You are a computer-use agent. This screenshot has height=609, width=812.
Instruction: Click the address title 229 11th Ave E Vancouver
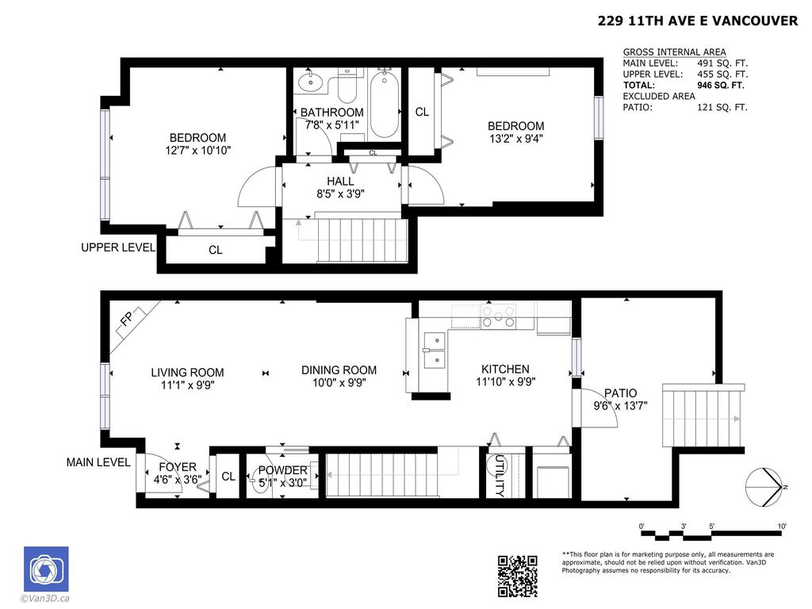pos(697,21)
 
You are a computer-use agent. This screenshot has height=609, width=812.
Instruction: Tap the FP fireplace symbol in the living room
pos(126,320)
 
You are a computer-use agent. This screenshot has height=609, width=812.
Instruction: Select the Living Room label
pos(187,372)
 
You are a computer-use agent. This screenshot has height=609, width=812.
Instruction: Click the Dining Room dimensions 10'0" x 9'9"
pos(339,383)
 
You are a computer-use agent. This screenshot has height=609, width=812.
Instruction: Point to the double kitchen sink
pos(433,350)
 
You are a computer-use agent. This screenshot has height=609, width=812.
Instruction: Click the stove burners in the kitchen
pos(497,316)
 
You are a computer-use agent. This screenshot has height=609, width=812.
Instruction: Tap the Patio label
pos(620,393)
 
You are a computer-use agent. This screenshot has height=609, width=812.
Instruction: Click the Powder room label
pos(282,470)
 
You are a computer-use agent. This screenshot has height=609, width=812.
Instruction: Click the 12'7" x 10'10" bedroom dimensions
pos(197,150)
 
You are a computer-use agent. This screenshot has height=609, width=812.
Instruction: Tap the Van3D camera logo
pos(46,569)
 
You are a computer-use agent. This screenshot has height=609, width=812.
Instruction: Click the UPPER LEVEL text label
pos(117,247)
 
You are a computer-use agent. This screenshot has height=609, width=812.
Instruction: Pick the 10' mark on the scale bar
pos(781,527)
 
